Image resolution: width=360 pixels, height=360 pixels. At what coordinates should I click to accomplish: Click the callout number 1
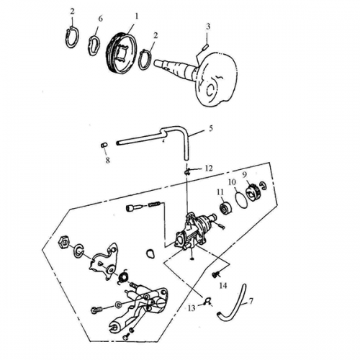pos(138,15)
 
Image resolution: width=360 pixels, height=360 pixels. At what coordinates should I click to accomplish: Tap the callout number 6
pos(100,17)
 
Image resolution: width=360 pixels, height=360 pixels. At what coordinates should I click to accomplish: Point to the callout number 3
pos(207,27)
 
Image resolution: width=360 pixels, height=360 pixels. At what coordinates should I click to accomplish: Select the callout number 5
pos(210,130)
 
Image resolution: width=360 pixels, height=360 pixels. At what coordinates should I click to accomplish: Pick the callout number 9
pos(244,174)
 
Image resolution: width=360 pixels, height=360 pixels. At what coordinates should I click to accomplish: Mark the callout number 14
pos(222,286)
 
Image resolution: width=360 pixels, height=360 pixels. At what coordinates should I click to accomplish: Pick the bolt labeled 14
pos(215,274)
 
